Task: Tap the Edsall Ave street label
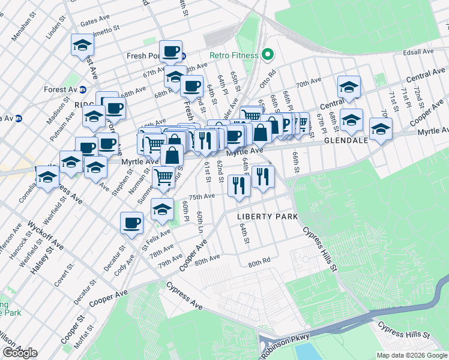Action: click(419, 53)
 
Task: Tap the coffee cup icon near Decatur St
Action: click(131, 223)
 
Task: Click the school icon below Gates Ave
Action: click(82, 44)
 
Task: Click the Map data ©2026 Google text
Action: click(412, 355)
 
